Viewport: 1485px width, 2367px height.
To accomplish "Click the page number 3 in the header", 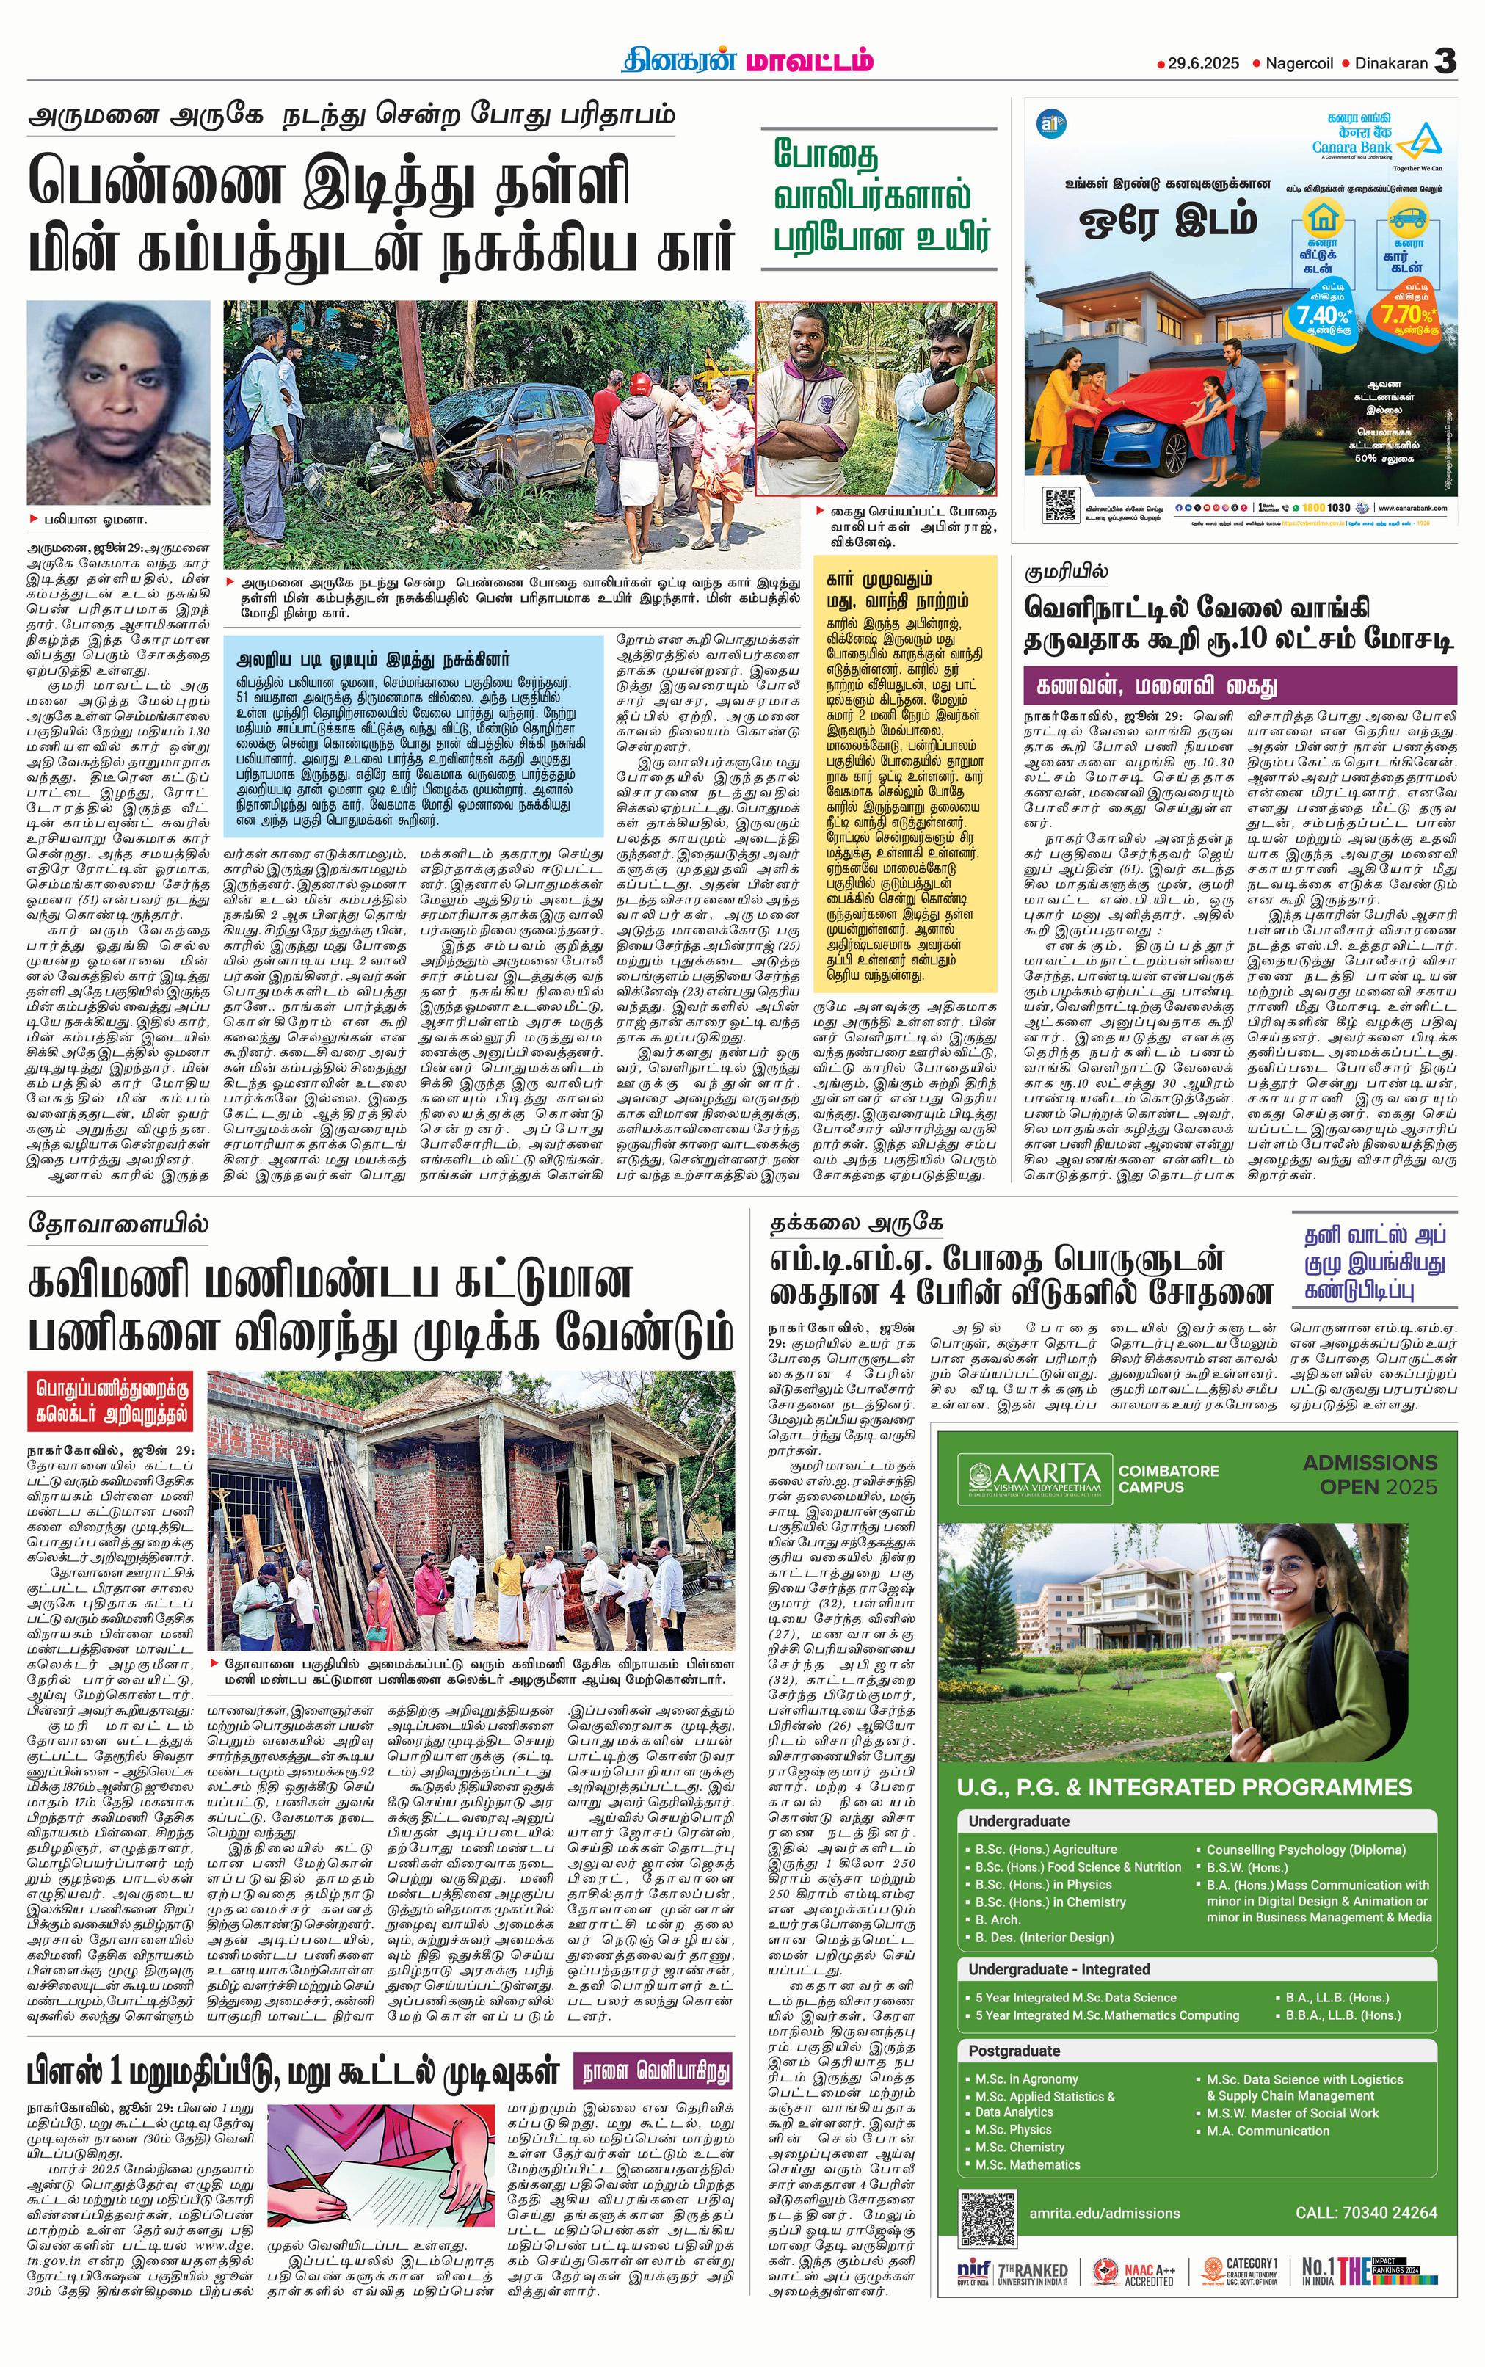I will [1444, 62].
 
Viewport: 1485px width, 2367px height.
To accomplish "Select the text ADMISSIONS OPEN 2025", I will [1369, 1474].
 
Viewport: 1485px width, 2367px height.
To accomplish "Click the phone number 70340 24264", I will [1365, 2213].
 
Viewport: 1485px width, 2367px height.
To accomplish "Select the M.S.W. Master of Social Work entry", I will [1293, 2113].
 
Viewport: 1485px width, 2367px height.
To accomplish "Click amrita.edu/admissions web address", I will [1104, 2213].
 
